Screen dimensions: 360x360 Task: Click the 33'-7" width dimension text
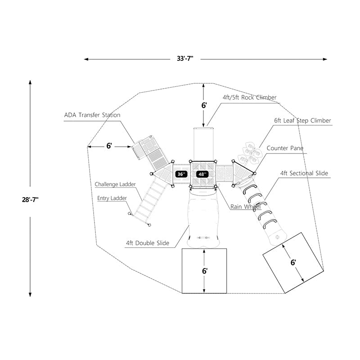pos(185,58)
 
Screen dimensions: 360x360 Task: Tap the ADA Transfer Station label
pos(92,115)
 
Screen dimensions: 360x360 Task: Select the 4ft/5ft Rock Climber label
pos(249,97)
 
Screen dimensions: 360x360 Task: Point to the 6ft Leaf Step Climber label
pos(302,121)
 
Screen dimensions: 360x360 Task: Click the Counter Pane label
pos(285,148)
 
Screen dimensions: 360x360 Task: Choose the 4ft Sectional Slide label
pos(304,173)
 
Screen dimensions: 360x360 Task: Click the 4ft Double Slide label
pos(148,243)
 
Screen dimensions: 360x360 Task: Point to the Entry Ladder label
pos(112,198)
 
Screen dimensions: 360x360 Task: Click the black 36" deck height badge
pos(181,174)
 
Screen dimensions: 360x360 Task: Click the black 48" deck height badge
pos(202,174)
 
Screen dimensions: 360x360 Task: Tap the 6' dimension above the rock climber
pos(204,105)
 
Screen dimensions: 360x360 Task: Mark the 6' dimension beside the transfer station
pos(109,146)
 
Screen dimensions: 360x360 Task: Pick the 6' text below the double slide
pos(204,271)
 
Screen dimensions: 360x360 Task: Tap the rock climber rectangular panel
pos(204,144)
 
